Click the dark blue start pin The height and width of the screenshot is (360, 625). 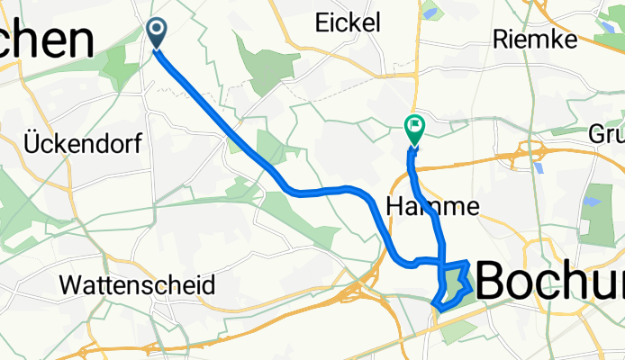[157, 33]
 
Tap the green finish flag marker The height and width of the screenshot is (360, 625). [414, 130]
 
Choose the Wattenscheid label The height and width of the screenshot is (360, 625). [137, 286]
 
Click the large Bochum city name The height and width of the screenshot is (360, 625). [549, 282]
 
